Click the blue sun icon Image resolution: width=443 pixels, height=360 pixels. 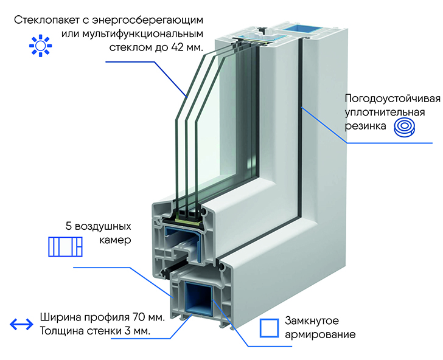pyautogui.click(x=41, y=46)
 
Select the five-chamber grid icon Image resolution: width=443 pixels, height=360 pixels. pyautogui.click(x=65, y=246)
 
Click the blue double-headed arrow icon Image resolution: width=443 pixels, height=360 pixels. pyautogui.click(x=21, y=324)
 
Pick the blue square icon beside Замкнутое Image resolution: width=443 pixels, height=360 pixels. pyautogui.click(x=269, y=328)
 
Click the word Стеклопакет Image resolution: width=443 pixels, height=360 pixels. pyautogui.click(x=43, y=20)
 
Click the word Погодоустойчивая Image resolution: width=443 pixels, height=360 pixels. pyautogui.click(x=392, y=99)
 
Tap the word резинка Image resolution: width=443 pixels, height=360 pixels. pyautogui.click(x=365, y=126)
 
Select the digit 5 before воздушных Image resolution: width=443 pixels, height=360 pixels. pyautogui.click(x=68, y=226)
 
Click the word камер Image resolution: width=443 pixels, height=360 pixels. pyautogui.click(x=115, y=240)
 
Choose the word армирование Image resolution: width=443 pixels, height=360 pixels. pyautogui.click(x=320, y=335)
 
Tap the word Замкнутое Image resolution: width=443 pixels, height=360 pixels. pyautogui.click(x=312, y=321)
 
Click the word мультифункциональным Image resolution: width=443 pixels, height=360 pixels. pyautogui.click(x=142, y=34)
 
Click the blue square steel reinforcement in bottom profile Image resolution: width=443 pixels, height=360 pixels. pyautogui.click(x=198, y=298)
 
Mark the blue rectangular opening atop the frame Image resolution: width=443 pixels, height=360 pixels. pyautogui.click(x=302, y=28)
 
